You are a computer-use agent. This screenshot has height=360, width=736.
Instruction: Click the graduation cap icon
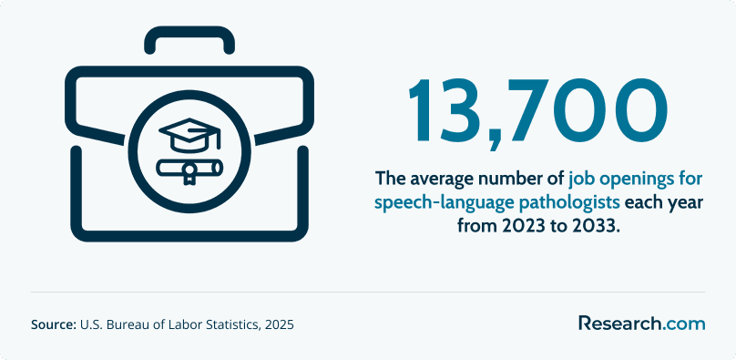(189, 135)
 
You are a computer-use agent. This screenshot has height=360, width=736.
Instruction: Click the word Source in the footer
(54, 324)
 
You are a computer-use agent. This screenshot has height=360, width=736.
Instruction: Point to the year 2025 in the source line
(279, 324)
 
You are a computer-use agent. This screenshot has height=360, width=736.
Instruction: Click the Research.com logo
(641, 323)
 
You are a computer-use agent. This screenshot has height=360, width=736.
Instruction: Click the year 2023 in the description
(516, 226)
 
